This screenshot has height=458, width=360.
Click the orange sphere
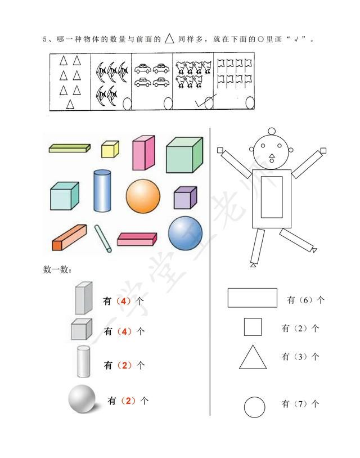tap(143, 196)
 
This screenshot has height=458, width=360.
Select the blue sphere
tap(186, 233)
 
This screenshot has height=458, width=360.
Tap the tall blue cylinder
tap(102, 191)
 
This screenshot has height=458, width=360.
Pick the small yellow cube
tap(110, 149)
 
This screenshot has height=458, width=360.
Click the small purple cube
tap(186, 197)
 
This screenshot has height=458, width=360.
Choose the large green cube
tap(184, 155)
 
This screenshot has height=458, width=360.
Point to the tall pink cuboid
tap(143, 152)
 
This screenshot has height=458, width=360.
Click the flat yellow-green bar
tap(70, 148)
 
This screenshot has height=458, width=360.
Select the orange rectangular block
tap(70, 237)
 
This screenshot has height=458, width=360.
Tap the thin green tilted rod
tap(103, 239)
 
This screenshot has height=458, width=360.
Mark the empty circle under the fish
tap(127, 104)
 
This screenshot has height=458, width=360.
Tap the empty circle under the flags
tap(250, 103)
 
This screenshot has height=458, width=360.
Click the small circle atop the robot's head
tap(272, 131)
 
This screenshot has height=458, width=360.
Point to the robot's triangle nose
tap(272, 156)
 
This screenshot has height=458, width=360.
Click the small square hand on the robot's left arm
tap(323, 150)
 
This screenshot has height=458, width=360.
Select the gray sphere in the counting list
tap(82, 399)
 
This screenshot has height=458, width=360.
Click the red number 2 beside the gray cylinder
tap(125, 365)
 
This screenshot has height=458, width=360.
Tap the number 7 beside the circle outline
tap(300, 404)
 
